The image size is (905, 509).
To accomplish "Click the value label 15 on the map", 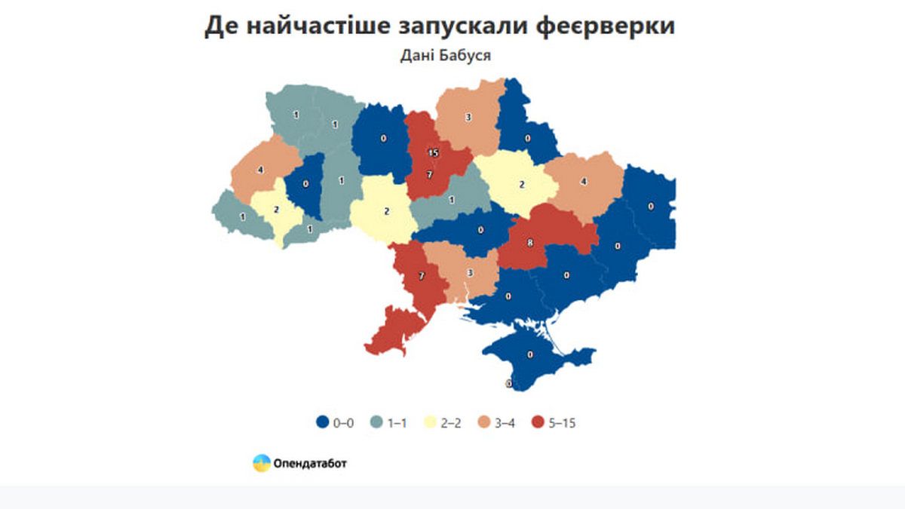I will (x=432, y=152).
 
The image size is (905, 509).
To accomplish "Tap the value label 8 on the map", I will (x=530, y=243).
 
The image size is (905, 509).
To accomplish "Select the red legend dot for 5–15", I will (x=538, y=423).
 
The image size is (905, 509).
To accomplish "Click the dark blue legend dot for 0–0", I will (x=322, y=423).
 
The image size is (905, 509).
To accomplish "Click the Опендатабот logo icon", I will (x=261, y=463).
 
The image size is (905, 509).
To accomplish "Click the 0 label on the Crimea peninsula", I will (x=530, y=354).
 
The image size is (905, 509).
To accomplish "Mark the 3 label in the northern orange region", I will (x=468, y=117).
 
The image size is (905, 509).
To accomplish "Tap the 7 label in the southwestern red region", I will (x=422, y=276).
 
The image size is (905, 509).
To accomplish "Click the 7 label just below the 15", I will (x=429, y=174).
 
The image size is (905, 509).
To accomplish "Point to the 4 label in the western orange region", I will (x=260, y=170).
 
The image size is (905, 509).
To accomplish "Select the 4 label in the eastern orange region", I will (x=584, y=182).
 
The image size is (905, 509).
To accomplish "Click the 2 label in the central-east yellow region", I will (x=522, y=183).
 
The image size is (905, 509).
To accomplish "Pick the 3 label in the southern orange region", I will (x=470, y=272).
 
